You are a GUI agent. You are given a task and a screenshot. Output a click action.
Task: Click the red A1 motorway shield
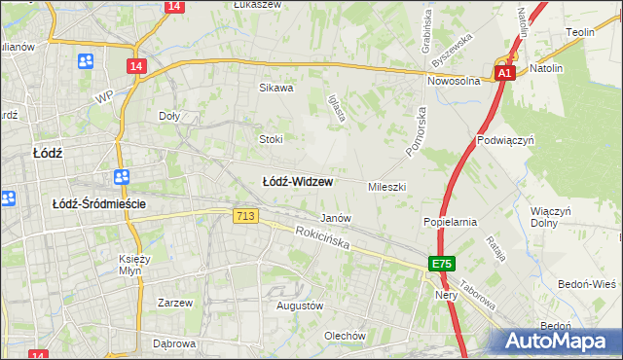[503, 73]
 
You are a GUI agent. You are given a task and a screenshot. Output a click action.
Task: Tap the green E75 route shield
[442, 264]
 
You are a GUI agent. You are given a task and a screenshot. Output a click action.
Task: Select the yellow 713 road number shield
[245, 216]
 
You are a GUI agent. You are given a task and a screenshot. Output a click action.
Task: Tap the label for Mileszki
[386, 186]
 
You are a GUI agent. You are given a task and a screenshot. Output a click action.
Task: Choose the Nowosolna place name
[455, 82]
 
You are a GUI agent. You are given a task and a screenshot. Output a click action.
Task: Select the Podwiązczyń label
[502, 140]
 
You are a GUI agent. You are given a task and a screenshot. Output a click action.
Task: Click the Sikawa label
[275, 88]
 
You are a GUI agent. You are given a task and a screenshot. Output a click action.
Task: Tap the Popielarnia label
[450, 222]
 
